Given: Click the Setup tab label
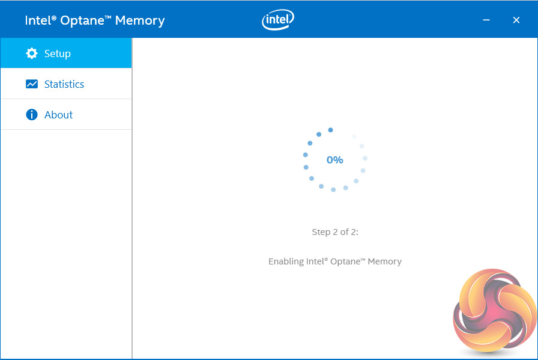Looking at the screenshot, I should click(58, 53).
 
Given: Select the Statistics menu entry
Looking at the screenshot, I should click(64, 84).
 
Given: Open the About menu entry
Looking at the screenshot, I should click(58, 115).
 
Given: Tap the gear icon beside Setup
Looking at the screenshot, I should click(32, 53).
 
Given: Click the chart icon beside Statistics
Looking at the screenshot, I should click(32, 84).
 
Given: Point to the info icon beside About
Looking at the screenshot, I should click(32, 115).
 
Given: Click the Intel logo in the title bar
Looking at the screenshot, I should click(277, 20).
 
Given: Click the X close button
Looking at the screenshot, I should click(516, 20).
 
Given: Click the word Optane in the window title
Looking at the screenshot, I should click(84, 20).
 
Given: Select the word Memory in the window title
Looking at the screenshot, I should click(140, 20).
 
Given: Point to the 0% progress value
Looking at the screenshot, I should click(334, 160).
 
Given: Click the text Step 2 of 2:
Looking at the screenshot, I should click(335, 232).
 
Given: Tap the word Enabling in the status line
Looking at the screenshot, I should click(286, 261).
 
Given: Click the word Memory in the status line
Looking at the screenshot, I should click(385, 261).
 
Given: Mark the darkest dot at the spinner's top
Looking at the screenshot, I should click(330, 130).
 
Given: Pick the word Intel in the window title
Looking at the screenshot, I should click(37, 20).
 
